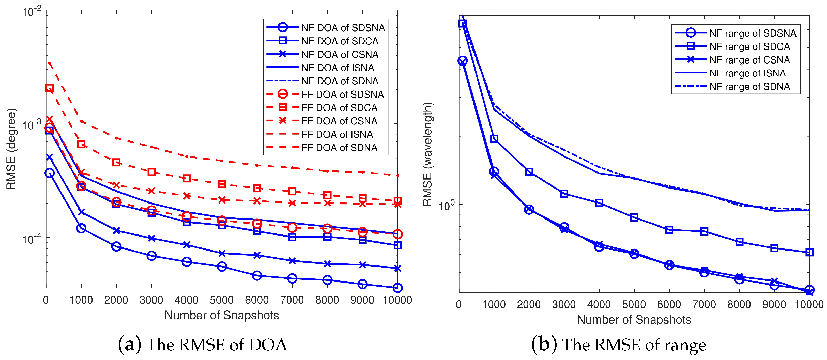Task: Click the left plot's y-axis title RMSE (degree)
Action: [x=11, y=149]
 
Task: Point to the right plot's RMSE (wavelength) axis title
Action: [x=427, y=154]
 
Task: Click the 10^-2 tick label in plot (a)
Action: [x=32, y=12]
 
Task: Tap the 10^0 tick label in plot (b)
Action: [x=447, y=205]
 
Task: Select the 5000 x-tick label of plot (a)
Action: [x=222, y=300]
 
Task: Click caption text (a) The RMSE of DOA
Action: [x=203, y=345]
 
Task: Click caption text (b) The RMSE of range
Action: [x=618, y=345]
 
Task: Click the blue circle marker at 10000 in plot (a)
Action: [x=397, y=288]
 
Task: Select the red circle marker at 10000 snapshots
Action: [x=397, y=234]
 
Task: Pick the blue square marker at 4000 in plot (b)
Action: [x=599, y=203]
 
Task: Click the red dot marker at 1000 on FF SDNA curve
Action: [x=81, y=121]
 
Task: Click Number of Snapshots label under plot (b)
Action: [x=634, y=320]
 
